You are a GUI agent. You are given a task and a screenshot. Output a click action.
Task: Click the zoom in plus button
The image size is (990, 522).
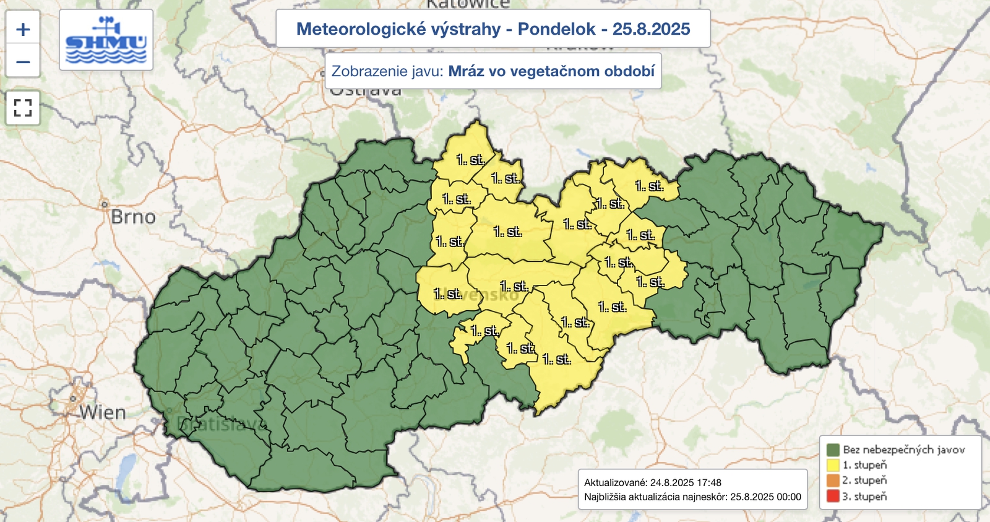[23, 29]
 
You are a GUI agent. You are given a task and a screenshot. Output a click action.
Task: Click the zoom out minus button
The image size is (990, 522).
[23, 62]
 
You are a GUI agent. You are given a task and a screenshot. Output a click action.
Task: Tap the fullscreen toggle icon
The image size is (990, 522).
[23, 108]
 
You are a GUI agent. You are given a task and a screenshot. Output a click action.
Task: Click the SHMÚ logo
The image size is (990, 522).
[106, 40]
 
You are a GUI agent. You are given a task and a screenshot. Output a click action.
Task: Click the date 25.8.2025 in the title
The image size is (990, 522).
[651, 29]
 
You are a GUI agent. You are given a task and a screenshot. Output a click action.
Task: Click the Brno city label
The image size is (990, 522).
[133, 217]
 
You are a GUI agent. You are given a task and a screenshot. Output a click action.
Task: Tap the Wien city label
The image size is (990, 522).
[103, 412]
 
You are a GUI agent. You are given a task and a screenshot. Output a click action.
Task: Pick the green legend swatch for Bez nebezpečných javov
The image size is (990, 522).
[833, 450]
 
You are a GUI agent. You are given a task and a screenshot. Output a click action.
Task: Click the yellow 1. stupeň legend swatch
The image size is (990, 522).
[833, 465]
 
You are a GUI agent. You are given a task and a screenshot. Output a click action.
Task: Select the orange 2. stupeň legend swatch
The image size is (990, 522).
[833, 481]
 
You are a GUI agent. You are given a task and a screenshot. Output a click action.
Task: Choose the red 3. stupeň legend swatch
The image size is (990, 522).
[833, 496]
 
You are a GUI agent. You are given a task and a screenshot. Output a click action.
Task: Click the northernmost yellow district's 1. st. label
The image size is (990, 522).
[470, 160]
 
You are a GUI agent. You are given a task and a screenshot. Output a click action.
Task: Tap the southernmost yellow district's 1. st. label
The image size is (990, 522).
[556, 360]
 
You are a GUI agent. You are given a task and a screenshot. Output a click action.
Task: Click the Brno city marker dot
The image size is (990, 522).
[105, 204]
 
